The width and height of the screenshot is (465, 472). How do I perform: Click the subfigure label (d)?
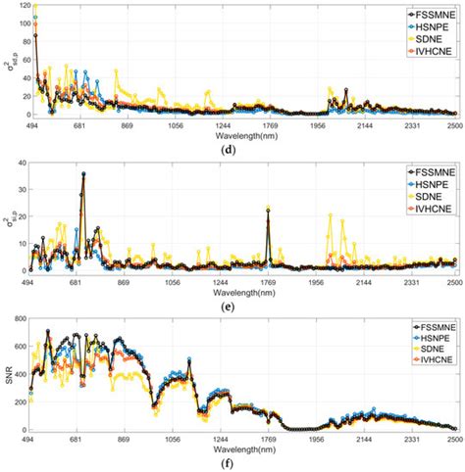point(240,149)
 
